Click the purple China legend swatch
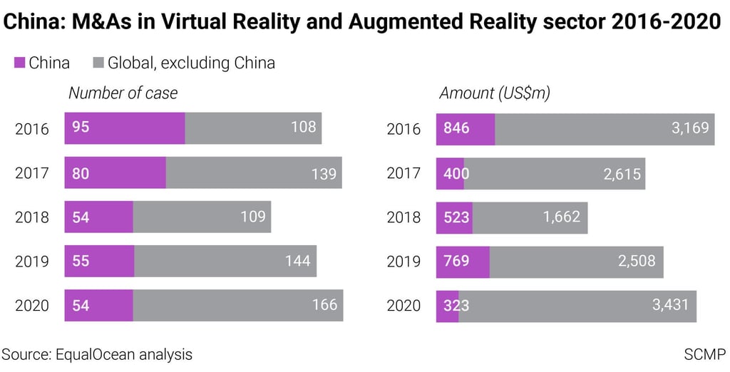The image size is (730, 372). click(19, 63)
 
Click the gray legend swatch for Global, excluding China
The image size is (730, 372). click(98, 63)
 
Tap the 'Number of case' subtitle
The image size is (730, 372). click(123, 93)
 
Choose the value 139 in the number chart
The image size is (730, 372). click(324, 173)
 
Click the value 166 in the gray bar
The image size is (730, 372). click(324, 306)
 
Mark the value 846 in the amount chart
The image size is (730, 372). click(456, 129)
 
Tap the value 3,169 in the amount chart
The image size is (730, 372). click(690, 129)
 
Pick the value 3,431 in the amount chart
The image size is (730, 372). click(671, 306)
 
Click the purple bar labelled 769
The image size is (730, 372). click(463, 262)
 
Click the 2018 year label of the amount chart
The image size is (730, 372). click(403, 217)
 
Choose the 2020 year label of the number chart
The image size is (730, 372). click(32, 306)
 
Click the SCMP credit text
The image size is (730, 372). click(705, 354)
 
